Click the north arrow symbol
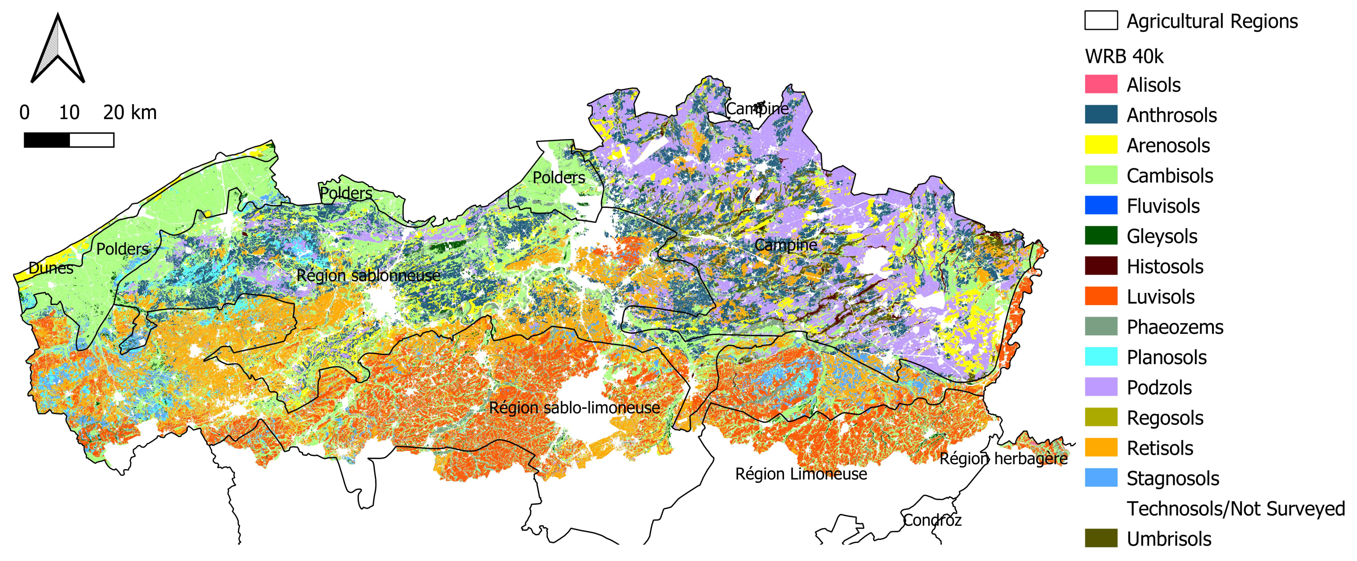click(58, 50)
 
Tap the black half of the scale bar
click(46, 140)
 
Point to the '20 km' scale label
click(130, 112)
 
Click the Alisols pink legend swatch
click(1100, 84)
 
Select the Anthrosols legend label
click(1171, 115)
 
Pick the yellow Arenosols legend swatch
click(1100, 145)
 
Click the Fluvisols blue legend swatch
click(1100, 206)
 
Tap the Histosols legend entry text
click(1165, 266)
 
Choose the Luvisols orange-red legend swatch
click(1100, 296)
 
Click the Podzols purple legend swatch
click(1100, 387)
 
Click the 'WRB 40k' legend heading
click(1124, 56)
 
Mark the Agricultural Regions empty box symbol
click(1100, 21)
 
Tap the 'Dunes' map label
click(51, 268)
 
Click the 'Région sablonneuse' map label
click(368, 275)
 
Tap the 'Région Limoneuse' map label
click(800, 474)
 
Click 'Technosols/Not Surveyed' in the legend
click(1235, 509)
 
